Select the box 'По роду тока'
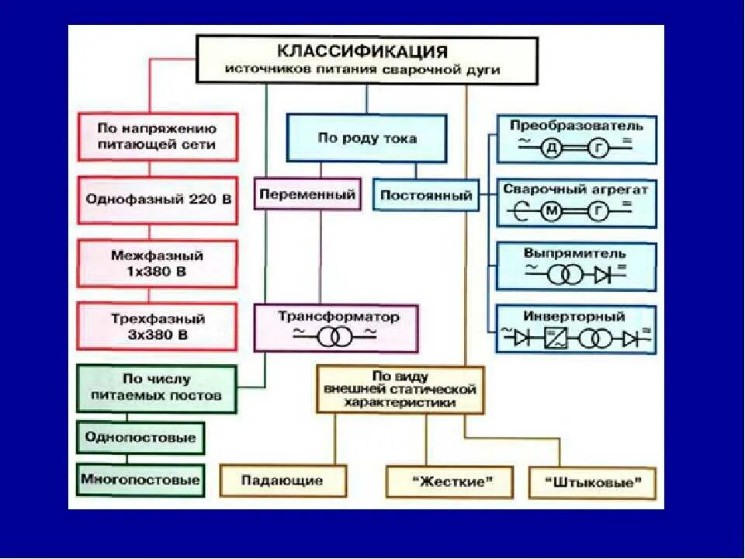367,138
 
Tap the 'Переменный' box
308,195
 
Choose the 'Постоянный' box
426,196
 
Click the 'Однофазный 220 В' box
158,200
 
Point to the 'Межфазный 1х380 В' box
158,263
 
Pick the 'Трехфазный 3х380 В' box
158,327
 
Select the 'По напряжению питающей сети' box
158,137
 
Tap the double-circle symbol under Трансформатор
335,336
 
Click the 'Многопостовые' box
140,480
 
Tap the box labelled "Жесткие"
450,481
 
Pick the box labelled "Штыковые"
592,482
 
